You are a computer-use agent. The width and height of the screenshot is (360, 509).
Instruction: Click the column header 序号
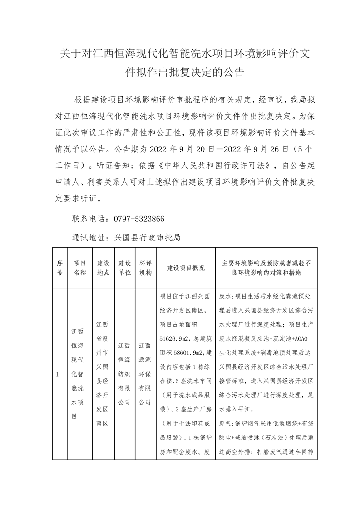(59, 268)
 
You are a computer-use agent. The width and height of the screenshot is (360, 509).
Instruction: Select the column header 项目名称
(80, 268)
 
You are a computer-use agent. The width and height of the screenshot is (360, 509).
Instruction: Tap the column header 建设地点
(104, 268)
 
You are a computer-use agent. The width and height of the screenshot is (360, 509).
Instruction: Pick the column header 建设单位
(125, 268)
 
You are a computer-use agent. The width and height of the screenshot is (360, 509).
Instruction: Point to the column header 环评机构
(145, 268)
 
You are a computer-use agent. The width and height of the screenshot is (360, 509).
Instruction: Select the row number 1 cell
(57, 375)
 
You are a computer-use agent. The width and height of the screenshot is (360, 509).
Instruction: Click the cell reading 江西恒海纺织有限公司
(125, 375)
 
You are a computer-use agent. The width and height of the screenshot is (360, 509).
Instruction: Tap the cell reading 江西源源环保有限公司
(145, 375)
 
